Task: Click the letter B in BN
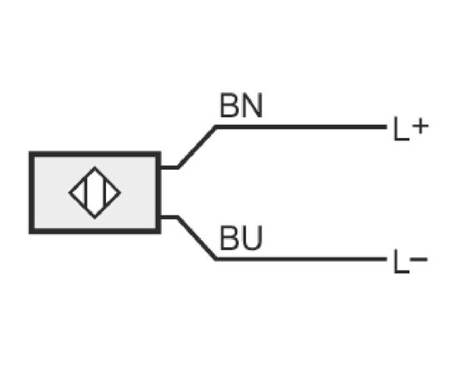point(228,105)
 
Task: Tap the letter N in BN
point(251,105)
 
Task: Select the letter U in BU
point(251,238)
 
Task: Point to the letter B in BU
point(228,238)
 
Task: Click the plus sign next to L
point(421,127)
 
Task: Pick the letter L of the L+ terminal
point(401,129)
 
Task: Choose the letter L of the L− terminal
point(401,262)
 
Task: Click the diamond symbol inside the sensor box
point(94,192)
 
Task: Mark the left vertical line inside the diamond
point(86,193)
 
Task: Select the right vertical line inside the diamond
point(104,193)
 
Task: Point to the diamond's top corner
point(94,167)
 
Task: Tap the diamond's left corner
point(69,192)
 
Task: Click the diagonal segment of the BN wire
point(197,147)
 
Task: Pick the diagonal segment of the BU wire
point(197,238)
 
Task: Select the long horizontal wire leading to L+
point(301,127)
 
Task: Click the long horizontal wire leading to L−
point(301,259)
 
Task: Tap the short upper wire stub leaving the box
point(169,168)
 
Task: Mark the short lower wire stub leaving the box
point(169,217)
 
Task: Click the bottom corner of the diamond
point(94,218)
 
